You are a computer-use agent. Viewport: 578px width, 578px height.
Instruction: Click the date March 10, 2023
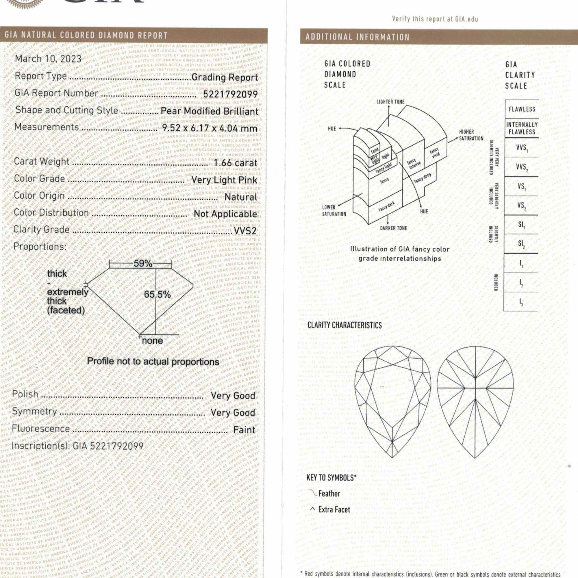[x=48, y=59]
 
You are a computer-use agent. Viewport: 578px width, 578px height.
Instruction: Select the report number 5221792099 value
[x=230, y=94]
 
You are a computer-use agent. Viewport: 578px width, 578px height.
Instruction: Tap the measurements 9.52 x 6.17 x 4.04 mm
[x=210, y=128]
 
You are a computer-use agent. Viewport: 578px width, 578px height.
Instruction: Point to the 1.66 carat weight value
[x=236, y=163]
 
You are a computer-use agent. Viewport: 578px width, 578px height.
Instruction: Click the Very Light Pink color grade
[x=224, y=180]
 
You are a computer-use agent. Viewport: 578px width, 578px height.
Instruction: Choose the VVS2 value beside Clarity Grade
[x=245, y=231]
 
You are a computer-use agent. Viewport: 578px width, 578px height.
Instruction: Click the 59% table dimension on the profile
[x=143, y=264]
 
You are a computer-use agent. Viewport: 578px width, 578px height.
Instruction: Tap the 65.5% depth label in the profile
[x=158, y=294]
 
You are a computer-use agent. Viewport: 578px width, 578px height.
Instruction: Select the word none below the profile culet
[x=152, y=341]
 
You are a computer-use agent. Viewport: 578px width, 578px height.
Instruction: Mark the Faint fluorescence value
[x=244, y=430]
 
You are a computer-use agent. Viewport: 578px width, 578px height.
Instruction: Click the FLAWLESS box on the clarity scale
[x=522, y=109]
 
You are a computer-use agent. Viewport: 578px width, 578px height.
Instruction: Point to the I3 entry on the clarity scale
[x=521, y=302]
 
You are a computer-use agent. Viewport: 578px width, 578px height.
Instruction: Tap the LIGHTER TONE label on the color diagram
[x=390, y=102]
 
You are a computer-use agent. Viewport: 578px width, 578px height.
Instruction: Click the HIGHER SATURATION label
[x=471, y=135]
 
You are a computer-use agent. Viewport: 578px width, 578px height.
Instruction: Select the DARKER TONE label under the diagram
[x=393, y=228]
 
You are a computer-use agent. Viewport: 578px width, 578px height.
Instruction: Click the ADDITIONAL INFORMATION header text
[x=357, y=37]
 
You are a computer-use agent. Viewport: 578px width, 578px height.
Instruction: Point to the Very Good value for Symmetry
[x=233, y=413]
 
